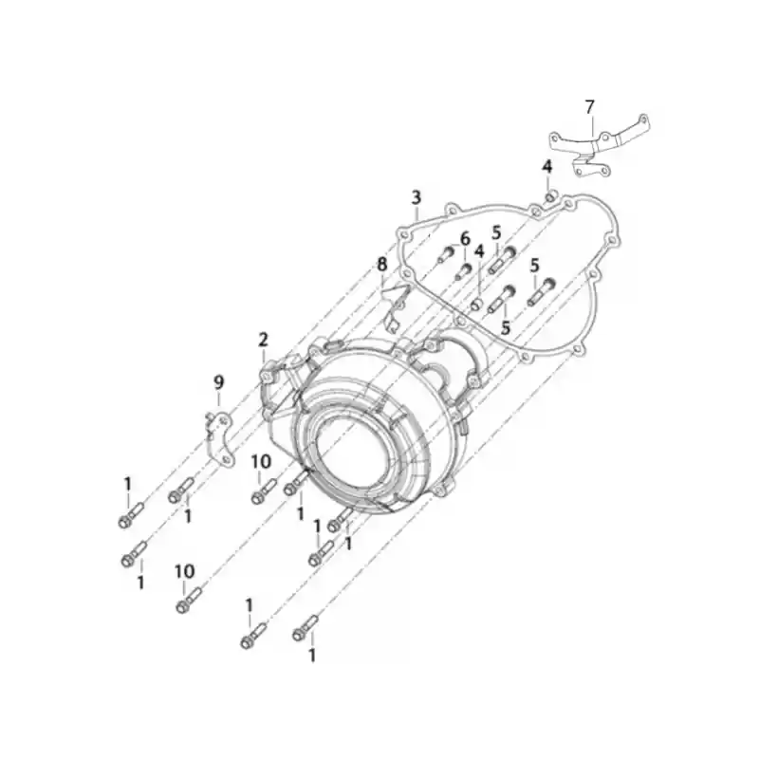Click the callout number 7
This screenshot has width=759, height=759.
click(x=589, y=107)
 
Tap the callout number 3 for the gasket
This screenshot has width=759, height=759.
click(x=417, y=197)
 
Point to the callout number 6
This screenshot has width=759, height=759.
click(x=465, y=239)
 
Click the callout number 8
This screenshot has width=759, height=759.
click(x=382, y=265)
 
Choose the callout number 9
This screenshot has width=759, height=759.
click(x=219, y=383)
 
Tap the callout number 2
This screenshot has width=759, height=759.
click(x=263, y=340)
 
